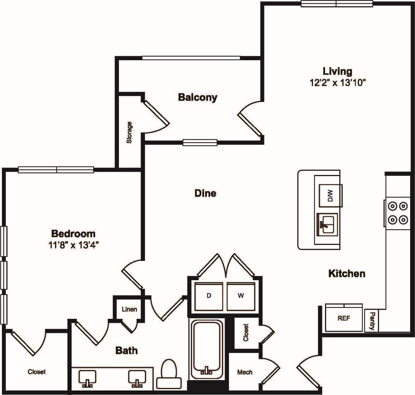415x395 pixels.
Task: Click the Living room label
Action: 337,71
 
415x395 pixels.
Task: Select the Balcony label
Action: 197,97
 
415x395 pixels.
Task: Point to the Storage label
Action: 129,133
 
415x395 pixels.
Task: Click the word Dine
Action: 205,193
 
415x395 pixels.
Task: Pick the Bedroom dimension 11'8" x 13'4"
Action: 73,245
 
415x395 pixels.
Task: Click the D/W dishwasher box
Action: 330,195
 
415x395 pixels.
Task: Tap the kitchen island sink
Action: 327,224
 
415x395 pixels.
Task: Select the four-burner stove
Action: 398,213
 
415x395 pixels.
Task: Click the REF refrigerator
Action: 344,318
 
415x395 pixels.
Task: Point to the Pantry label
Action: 372,321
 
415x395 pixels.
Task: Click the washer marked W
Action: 241,296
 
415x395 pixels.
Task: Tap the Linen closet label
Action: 129,309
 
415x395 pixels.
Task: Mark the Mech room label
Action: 245,372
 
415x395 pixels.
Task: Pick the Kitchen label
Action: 347,274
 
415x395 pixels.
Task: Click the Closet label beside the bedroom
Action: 37,372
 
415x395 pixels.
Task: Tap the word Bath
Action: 126,350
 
